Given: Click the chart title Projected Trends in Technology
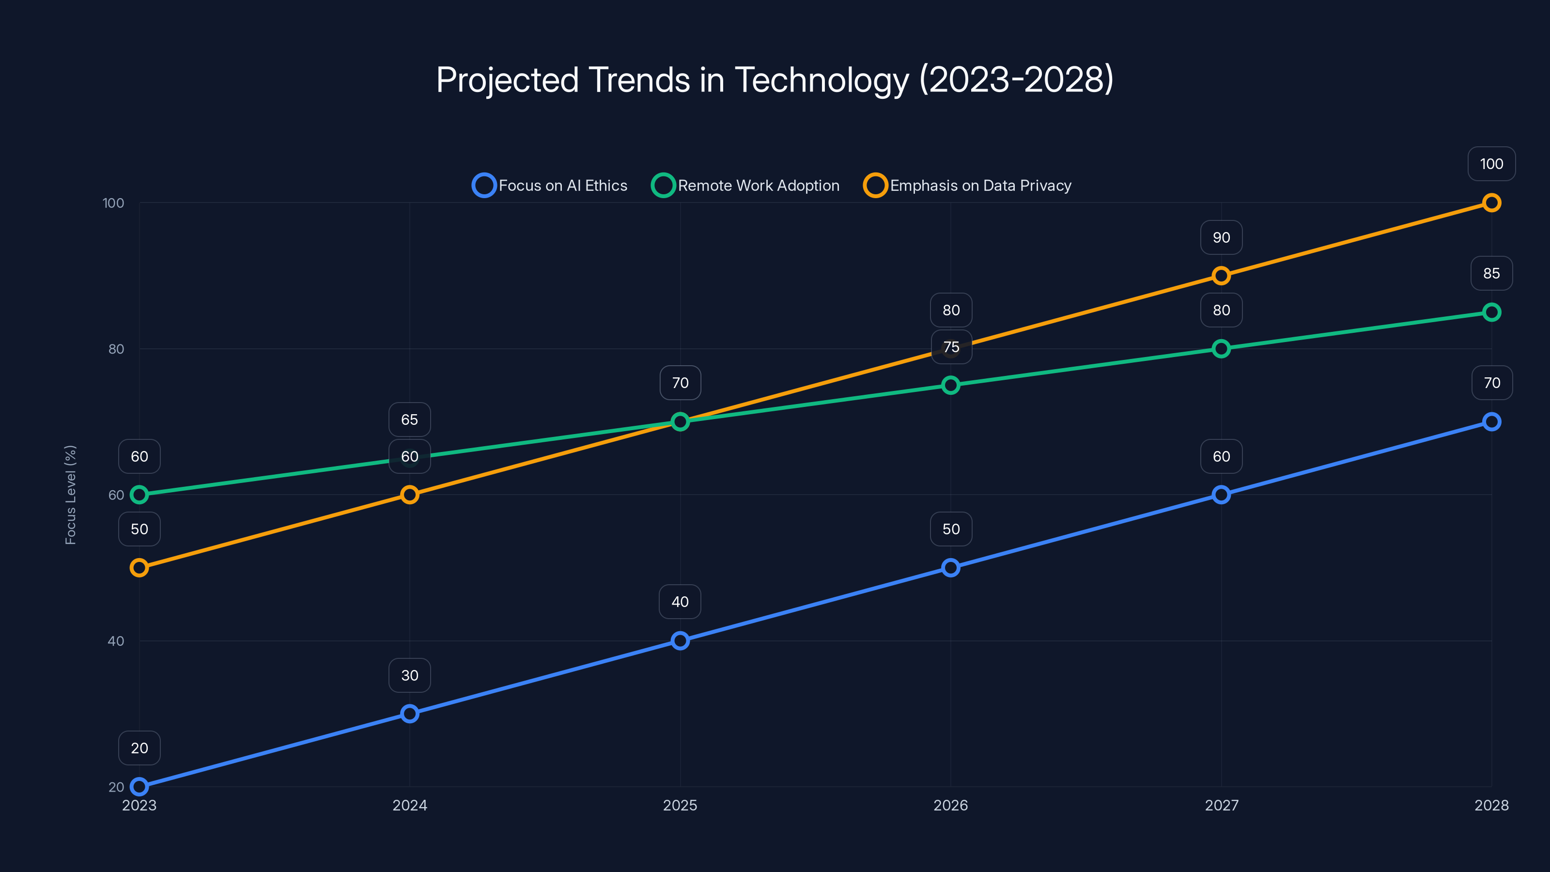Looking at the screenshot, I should [775, 80].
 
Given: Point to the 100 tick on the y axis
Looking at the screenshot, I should [113, 203].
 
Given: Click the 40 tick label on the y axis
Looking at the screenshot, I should [116, 641].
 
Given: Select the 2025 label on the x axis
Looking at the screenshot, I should [680, 805].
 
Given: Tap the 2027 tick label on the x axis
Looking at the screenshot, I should [1221, 805].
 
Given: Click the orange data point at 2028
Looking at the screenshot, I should [1491, 203].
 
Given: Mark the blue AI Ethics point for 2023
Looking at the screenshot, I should [139, 787].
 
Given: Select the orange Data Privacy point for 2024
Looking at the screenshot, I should [410, 495].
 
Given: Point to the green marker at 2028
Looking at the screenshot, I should [1491, 312].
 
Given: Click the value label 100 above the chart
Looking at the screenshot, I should [1491, 164].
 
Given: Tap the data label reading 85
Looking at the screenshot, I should [1491, 273].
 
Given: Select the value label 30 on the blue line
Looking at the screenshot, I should [410, 675].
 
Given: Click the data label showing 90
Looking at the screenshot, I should [1221, 237].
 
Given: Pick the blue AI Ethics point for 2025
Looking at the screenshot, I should [680, 640].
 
